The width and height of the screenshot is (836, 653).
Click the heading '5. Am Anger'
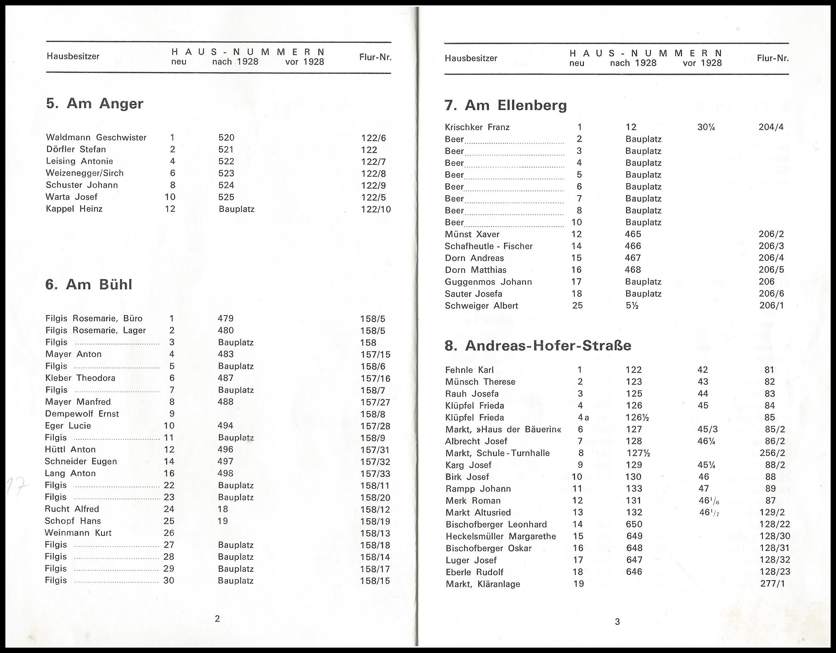click(x=95, y=104)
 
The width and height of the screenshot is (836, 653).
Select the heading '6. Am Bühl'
click(x=88, y=285)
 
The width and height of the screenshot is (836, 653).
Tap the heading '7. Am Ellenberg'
click(x=505, y=105)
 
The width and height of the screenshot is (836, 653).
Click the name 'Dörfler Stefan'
click(x=76, y=149)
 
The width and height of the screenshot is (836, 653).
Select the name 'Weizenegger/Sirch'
click(x=85, y=173)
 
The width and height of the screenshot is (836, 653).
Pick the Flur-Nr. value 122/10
click(x=376, y=209)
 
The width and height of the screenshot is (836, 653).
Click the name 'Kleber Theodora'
click(x=80, y=378)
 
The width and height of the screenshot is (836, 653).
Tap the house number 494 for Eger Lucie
click(x=226, y=426)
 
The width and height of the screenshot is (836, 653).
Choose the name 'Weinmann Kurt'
click(x=78, y=533)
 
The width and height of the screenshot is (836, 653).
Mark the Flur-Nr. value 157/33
click(x=375, y=473)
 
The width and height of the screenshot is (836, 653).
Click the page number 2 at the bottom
click(x=217, y=619)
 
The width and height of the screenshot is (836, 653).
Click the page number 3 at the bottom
click(x=617, y=622)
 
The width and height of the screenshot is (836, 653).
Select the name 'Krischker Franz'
click(x=477, y=127)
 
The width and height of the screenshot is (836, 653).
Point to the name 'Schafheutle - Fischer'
click(x=488, y=246)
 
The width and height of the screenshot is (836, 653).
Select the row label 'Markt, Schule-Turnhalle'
click(x=497, y=453)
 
